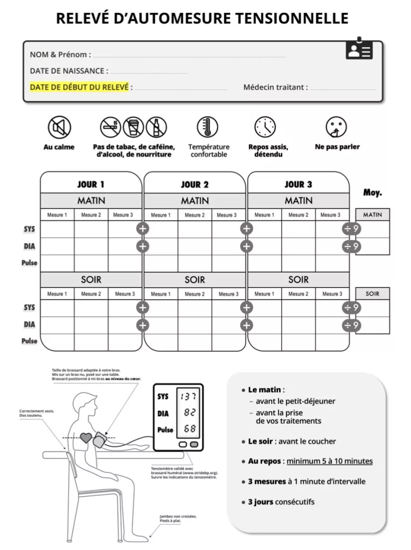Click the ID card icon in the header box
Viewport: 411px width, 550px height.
tap(359, 50)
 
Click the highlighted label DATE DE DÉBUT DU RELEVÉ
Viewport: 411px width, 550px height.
tap(79, 87)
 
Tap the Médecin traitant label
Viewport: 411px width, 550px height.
tap(275, 87)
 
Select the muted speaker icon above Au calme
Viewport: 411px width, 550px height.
tap(59, 127)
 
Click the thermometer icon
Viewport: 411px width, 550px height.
tap(208, 127)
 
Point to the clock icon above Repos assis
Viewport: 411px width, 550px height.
tap(265, 127)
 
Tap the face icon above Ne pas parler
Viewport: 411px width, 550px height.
tap(337, 127)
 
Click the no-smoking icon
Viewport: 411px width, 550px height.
tap(111, 127)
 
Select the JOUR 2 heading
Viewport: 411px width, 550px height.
tap(195, 185)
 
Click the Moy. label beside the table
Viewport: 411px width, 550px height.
tap(373, 192)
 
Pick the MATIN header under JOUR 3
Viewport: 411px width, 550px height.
tap(299, 201)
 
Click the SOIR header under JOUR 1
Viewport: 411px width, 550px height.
tap(91, 280)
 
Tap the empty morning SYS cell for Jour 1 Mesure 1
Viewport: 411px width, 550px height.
tap(57, 229)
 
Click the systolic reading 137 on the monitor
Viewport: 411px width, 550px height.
tap(188, 397)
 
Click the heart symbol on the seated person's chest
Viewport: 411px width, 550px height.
tap(86, 438)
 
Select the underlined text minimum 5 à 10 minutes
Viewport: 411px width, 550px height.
tap(329, 461)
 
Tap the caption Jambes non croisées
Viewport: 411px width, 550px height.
tap(178, 517)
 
